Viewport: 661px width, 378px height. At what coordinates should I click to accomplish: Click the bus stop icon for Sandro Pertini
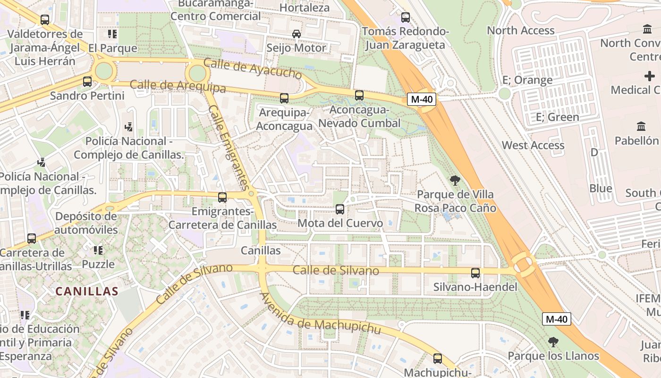click(87, 81)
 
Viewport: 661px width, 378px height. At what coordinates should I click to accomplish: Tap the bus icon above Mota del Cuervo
click(339, 209)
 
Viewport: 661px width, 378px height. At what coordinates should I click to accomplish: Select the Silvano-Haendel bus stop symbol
click(475, 273)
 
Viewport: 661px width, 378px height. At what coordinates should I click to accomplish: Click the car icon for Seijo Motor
click(297, 34)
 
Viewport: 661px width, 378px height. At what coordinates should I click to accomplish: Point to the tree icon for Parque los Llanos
click(553, 342)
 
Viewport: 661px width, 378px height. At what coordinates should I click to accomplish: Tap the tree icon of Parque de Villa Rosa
click(455, 180)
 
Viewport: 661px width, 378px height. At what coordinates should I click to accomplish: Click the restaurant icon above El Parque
click(112, 34)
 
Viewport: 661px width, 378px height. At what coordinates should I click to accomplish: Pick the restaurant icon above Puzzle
click(98, 250)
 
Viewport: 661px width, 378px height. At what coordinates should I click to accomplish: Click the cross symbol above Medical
click(650, 76)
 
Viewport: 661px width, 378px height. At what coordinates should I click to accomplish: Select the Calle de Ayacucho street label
click(252, 69)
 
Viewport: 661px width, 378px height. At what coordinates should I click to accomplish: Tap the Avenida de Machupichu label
click(320, 314)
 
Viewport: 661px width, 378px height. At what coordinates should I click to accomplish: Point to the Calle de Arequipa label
click(178, 86)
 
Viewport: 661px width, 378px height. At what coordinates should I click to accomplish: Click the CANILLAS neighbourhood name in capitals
click(87, 291)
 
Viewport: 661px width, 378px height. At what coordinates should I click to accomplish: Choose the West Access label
click(533, 145)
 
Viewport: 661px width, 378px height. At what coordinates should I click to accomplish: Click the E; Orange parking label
click(527, 80)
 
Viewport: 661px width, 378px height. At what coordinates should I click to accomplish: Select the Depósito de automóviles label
click(86, 223)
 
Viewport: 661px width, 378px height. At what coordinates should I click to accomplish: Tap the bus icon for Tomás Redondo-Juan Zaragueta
click(406, 17)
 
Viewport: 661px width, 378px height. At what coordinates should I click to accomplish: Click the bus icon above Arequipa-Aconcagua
click(284, 98)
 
